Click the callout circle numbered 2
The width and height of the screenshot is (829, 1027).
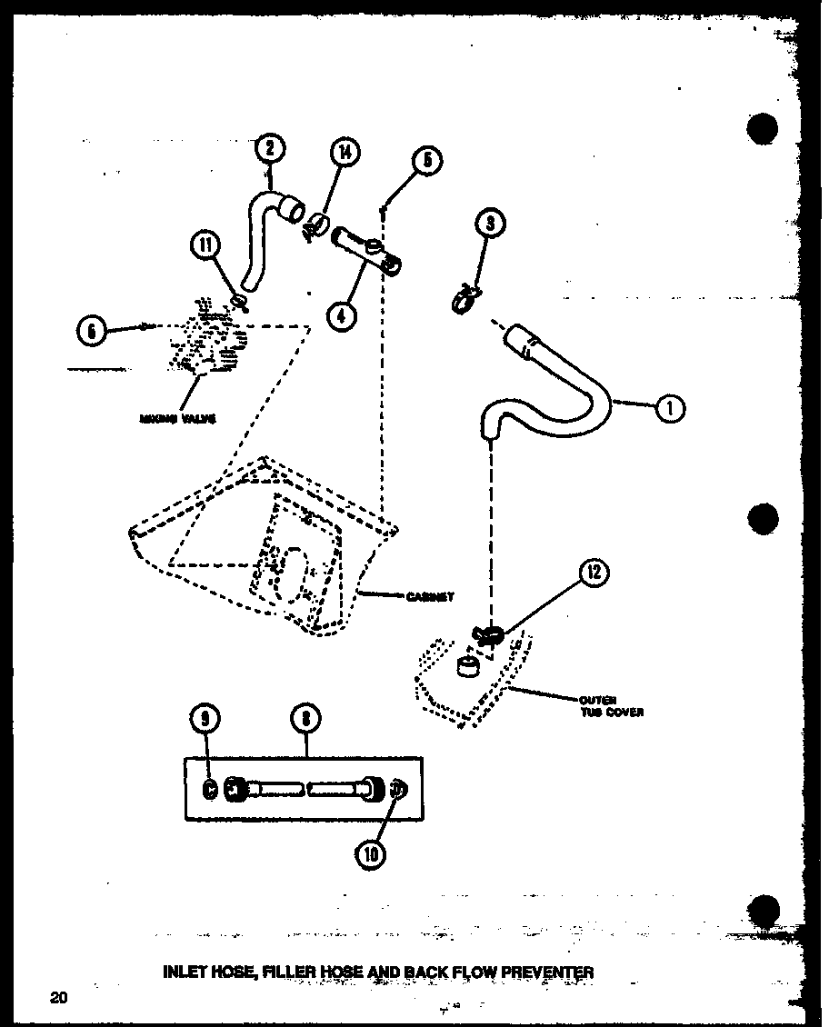tap(270, 148)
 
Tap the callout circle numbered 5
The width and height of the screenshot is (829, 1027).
tap(425, 162)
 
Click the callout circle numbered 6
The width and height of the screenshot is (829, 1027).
tap(92, 330)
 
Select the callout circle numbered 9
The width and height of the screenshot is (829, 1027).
tap(207, 719)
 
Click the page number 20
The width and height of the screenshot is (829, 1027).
tap(58, 998)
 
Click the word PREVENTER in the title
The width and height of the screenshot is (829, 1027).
tap(543, 972)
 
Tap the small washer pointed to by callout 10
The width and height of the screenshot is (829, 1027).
tap(397, 790)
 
